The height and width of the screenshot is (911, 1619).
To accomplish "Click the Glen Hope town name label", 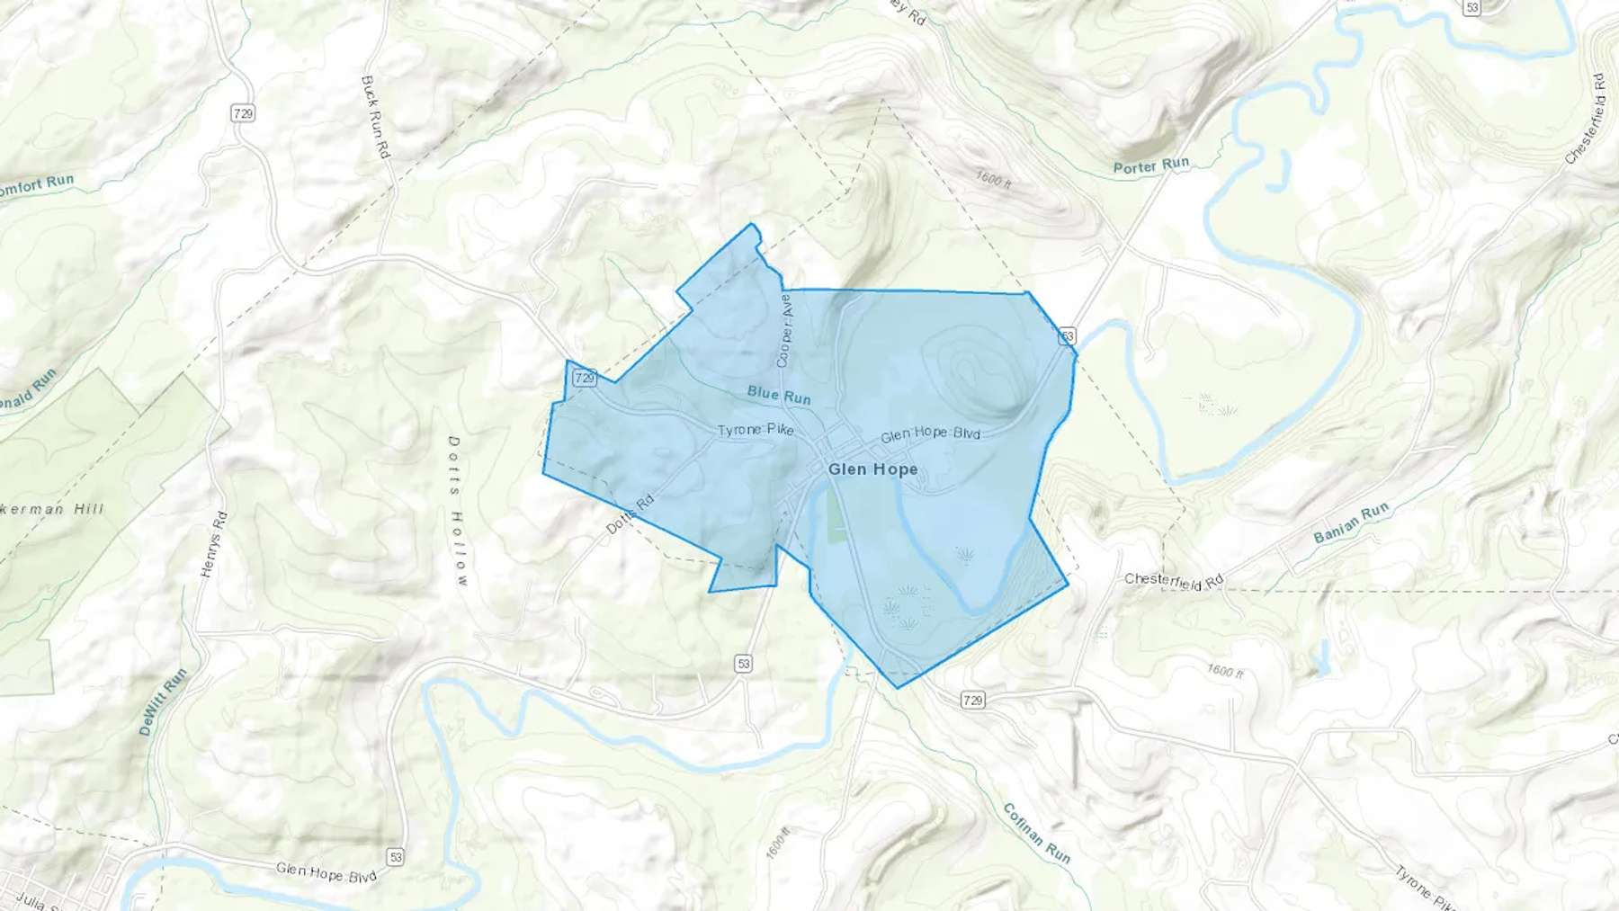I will pyautogui.click(x=872, y=469).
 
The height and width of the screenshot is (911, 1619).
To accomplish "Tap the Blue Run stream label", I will pyautogui.click(x=779, y=395).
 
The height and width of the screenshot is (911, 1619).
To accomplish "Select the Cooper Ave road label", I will pyautogui.click(x=785, y=330).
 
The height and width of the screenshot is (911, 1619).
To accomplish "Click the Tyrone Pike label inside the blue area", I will pyautogui.click(x=756, y=430).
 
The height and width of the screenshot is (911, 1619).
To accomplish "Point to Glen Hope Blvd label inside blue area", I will pyautogui.click(x=930, y=433).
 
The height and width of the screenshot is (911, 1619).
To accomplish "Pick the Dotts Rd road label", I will pyautogui.click(x=630, y=515).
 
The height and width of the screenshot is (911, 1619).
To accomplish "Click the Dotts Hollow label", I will pyautogui.click(x=458, y=511).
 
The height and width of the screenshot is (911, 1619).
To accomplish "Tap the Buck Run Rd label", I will pyautogui.click(x=375, y=117).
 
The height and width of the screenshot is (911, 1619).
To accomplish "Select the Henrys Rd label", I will pyautogui.click(x=214, y=544).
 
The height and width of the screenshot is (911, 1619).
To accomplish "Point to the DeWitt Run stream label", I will pyautogui.click(x=163, y=702).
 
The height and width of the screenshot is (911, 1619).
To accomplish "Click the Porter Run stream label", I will pyautogui.click(x=1151, y=165).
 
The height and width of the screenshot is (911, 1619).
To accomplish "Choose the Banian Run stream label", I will pyautogui.click(x=1351, y=523).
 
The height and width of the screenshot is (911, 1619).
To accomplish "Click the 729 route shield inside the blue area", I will pyautogui.click(x=585, y=378).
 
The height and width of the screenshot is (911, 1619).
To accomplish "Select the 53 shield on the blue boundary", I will pyautogui.click(x=1067, y=336).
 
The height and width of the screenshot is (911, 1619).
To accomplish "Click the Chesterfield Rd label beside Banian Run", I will pyautogui.click(x=1174, y=581).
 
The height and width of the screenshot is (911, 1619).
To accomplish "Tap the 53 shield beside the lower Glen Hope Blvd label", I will pyautogui.click(x=395, y=856).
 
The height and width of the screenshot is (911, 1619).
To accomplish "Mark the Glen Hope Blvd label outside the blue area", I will pyautogui.click(x=326, y=871).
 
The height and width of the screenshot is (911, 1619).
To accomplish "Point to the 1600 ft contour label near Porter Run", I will pyautogui.click(x=994, y=179).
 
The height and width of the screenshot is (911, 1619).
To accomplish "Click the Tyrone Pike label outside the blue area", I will pyautogui.click(x=1426, y=887).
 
